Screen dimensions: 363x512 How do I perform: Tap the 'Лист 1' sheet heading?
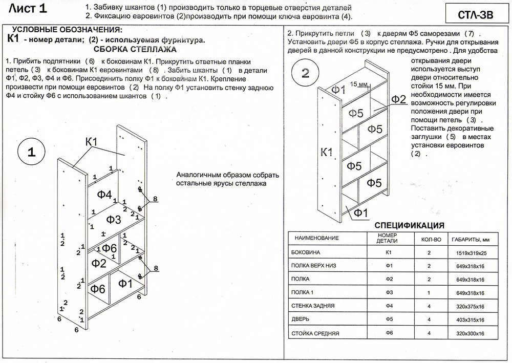click(x=28, y=9)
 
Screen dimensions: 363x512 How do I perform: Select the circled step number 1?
click(x=31, y=152)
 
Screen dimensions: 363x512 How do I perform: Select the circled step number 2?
click(x=306, y=73)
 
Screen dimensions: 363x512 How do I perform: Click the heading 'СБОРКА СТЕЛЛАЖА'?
click(x=135, y=50)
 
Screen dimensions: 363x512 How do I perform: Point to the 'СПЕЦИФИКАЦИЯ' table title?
click(x=409, y=225)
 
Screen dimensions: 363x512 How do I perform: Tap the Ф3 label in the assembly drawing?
click(x=114, y=219)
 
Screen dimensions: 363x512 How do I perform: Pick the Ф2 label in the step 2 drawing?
click(x=398, y=99)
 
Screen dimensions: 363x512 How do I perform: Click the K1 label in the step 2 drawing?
click(x=327, y=152)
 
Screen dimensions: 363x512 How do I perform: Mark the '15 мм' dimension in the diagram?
click(x=360, y=84)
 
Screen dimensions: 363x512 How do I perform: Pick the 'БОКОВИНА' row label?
click(x=306, y=253)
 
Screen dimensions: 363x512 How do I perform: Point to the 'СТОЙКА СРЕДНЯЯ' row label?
click(x=315, y=333)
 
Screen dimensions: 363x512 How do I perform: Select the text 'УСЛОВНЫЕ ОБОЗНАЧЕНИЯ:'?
click(x=67, y=30)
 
